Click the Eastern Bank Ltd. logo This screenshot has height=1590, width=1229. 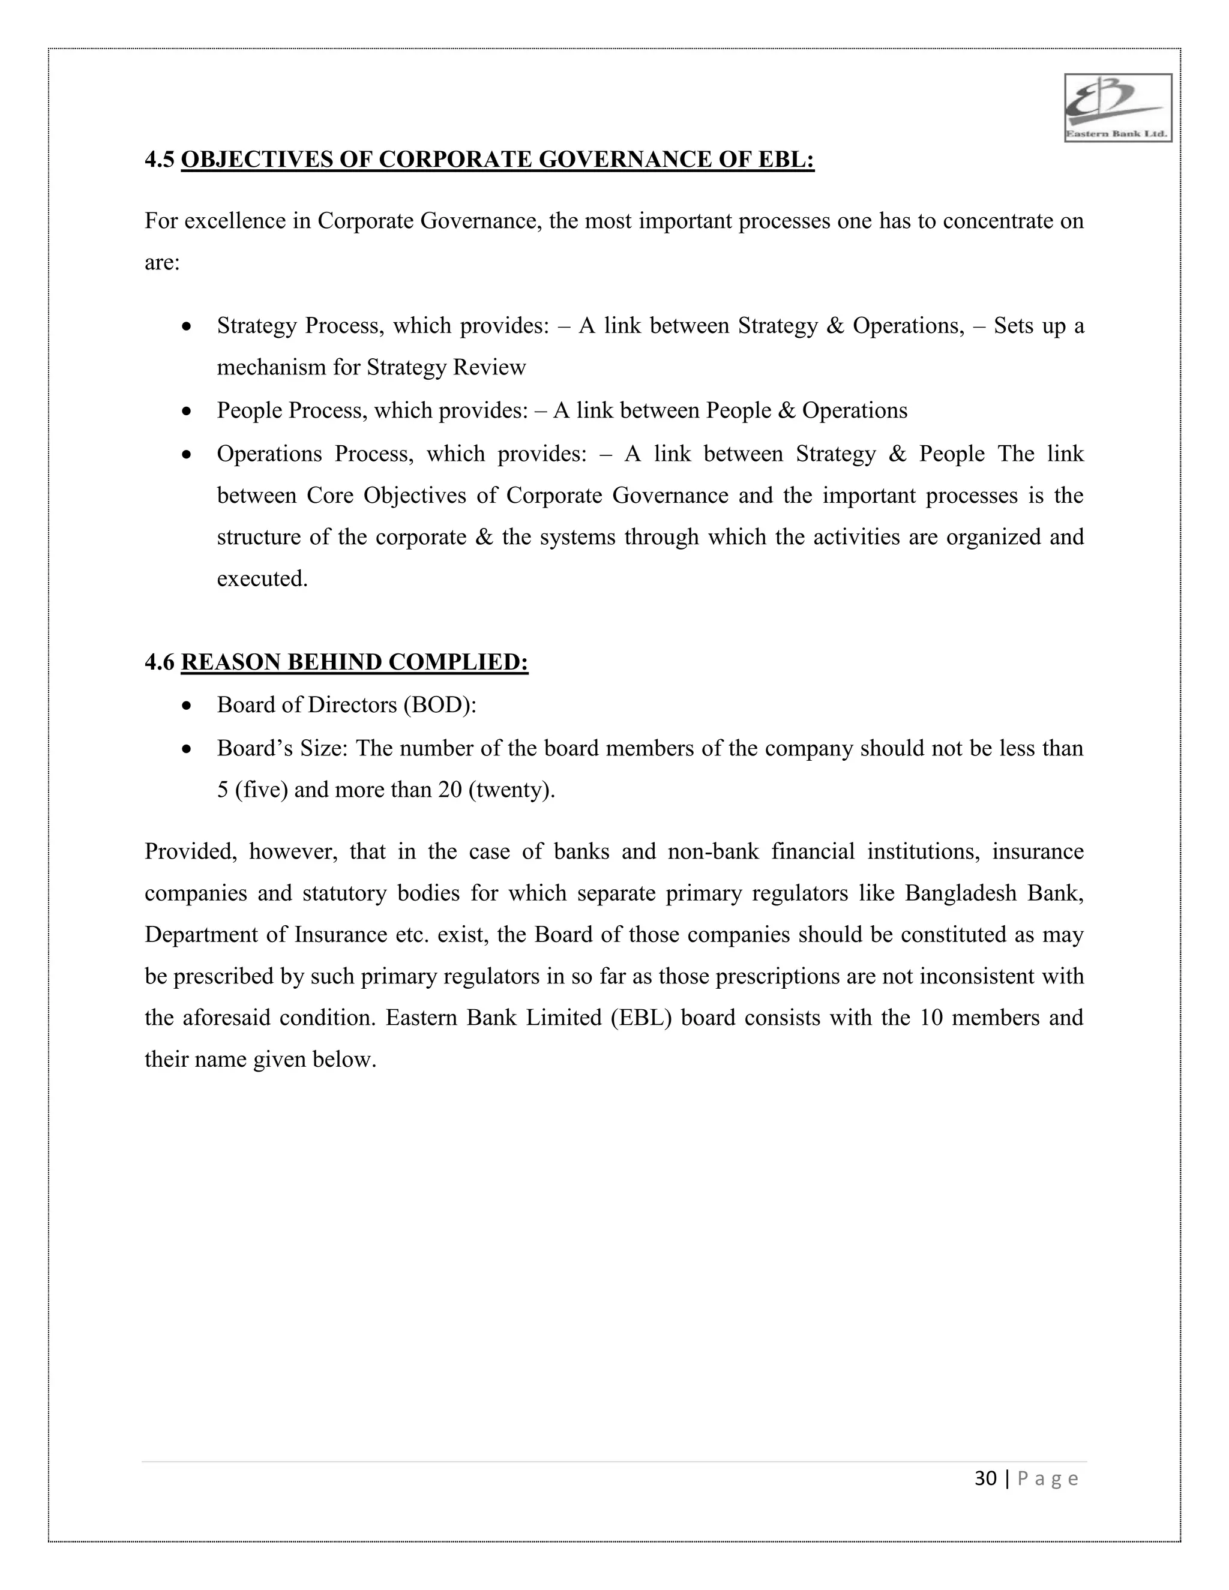click(x=1117, y=108)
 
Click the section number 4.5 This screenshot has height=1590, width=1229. click(x=160, y=160)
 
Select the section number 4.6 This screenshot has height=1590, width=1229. click(x=160, y=662)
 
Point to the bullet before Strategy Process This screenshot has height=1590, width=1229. click(x=187, y=326)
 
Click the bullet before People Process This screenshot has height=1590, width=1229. click(x=187, y=412)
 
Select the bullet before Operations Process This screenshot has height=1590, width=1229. click(x=187, y=455)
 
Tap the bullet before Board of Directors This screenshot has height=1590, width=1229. click(x=187, y=706)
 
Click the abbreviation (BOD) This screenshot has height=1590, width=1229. click(x=440, y=705)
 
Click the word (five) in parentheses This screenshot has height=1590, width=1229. click(x=260, y=790)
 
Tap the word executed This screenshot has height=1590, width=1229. click(x=262, y=579)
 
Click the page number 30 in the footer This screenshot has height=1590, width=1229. click(x=985, y=1478)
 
